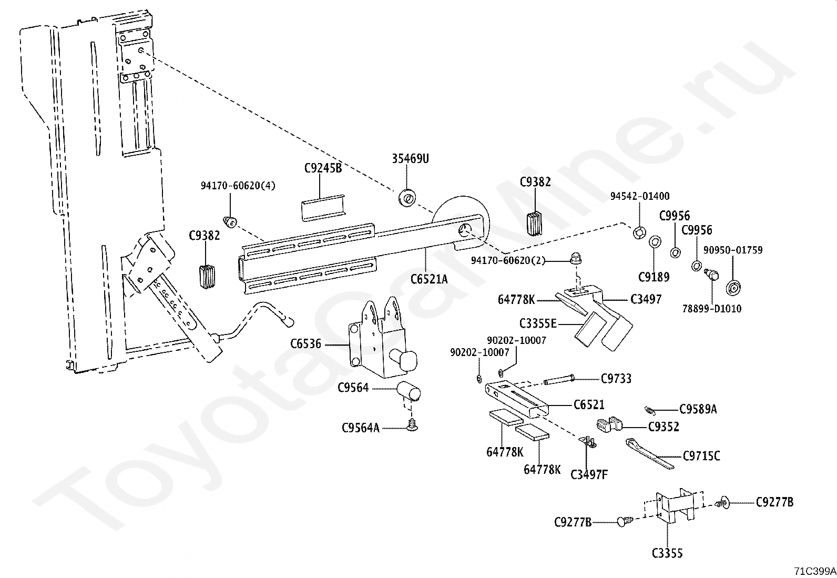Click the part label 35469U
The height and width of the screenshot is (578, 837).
(410, 158)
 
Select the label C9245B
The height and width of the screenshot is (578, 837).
(323, 168)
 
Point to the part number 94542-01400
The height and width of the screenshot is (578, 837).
(639, 196)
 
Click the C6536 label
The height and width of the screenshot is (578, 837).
(305, 344)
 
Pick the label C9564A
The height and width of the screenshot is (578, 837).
(360, 428)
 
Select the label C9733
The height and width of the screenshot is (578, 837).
(616, 378)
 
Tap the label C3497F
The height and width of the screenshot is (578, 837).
(589, 474)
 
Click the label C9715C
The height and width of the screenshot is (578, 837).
(701, 456)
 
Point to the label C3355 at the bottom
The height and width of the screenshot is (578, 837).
(667, 553)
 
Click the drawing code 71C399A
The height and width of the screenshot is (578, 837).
(815, 571)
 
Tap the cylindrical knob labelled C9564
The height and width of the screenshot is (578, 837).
(410, 392)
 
